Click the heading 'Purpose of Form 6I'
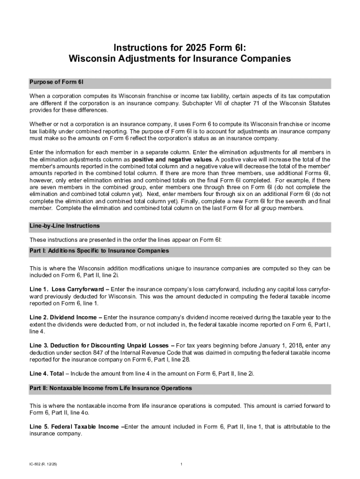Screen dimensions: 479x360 point(57,82)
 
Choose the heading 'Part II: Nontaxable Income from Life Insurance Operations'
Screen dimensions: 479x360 point(110,388)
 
